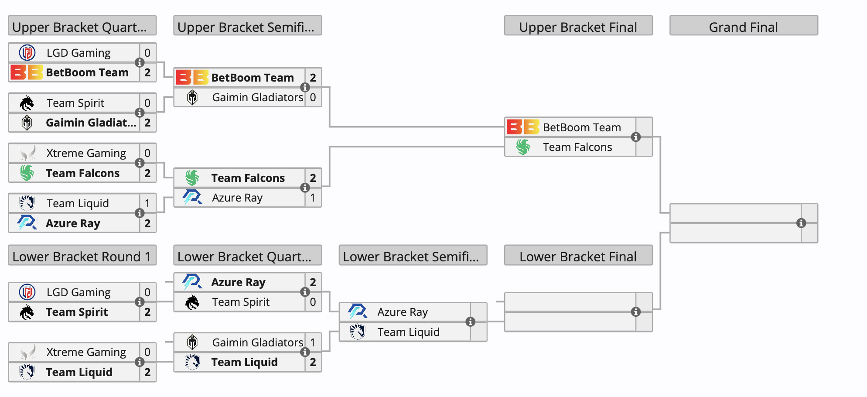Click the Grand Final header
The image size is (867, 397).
click(x=743, y=27)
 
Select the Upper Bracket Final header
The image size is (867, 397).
click(x=578, y=27)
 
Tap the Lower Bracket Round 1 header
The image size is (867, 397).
click(x=82, y=256)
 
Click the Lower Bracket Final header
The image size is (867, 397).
click(x=578, y=256)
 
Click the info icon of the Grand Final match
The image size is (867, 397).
click(x=801, y=223)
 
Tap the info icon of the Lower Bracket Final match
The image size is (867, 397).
click(x=636, y=311)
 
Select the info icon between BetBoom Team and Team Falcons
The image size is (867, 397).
click(x=636, y=137)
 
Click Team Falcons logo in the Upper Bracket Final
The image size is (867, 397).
click(x=523, y=147)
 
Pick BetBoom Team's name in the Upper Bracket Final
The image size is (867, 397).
click(x=582, y=127)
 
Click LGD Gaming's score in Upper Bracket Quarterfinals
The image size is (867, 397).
click(x=147, y=53)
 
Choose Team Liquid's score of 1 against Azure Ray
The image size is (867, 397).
click(x=147, y=203)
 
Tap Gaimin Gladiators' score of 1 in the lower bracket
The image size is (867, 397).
click(x=313, y=342)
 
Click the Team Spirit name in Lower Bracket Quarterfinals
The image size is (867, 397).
click(x=241, y=302)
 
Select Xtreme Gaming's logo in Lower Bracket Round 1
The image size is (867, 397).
click(x=27, y=352)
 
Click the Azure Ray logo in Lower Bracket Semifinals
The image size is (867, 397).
click(x=358, y=312)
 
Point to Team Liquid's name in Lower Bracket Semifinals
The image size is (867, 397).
click(x=408, y=332)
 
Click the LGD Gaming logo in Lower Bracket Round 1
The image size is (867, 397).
click(x=27, y=292)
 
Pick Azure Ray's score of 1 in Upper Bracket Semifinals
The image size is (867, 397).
click(x=313, y=198)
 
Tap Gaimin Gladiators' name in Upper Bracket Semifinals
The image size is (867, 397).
click(x=257, y=97)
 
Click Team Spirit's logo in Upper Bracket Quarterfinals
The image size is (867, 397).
click(x=27, y=103)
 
